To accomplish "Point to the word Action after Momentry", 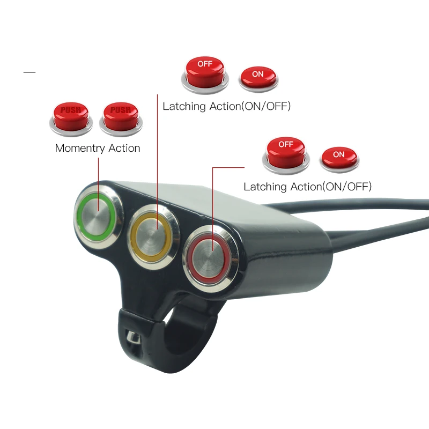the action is click(x=124, y=149).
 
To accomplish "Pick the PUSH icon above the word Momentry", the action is click(x=71, y=115).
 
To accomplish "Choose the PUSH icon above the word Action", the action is click(x=120, y=115).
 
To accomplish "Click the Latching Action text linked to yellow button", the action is click(x=226, y=106).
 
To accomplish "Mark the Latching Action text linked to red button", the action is click(x=307, y=187).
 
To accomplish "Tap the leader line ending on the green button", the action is click(x=99, y=177).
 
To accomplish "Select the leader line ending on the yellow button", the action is click(x=157, y=161).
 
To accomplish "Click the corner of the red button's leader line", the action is click(x=213, y=167).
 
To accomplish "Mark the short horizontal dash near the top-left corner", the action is click(x=29, y=72).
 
